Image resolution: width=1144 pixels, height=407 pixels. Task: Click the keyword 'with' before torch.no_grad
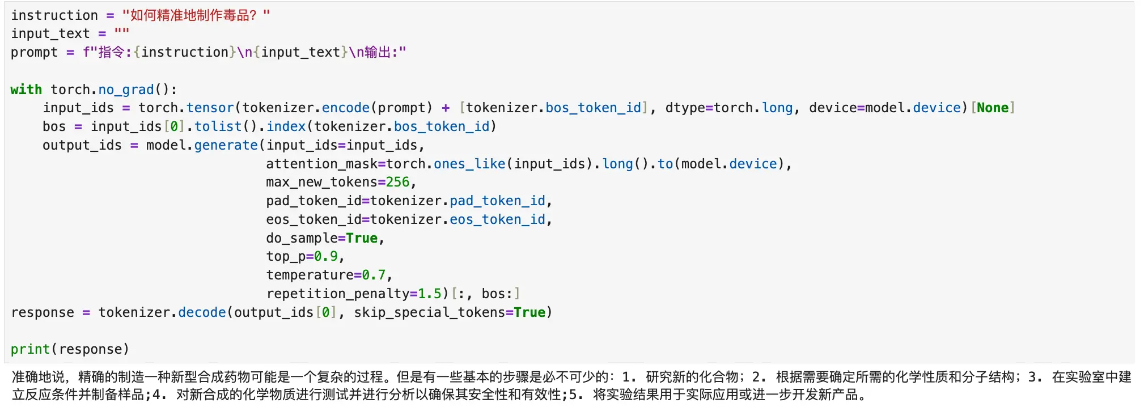pyautogui.click(x=26, y=90)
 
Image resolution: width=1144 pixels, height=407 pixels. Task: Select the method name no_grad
pyautogui.click(x=126, y=90)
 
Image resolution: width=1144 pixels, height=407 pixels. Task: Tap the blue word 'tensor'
pyautogui.click(x=210, y=108)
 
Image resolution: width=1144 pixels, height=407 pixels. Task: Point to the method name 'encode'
pyautogui.click(x=345, y=108)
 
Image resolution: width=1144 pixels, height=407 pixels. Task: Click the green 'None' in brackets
pyautogui.click(x=993, y=108)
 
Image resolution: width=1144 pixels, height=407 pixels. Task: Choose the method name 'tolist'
pyautogui.click(x=218, y=126)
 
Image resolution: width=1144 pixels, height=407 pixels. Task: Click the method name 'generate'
pyautogui.click(x=226, y=145)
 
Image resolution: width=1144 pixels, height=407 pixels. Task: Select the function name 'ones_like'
pyautogui.click(x=469, y=164)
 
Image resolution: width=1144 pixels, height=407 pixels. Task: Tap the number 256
pyautogui.click(x=397, y=182)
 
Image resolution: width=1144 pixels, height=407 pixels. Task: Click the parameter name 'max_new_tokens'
pyautogui.click(x=321, y=182)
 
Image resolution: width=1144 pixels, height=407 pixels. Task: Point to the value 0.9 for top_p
pyautogui.click(x=326, y=256)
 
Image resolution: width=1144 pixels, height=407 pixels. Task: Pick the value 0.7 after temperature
pyautogui.click(x=374, y=275)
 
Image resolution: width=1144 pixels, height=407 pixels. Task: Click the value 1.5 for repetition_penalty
pyautogui.click(x=429, y=294)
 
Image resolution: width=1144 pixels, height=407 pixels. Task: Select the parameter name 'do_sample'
pyautogui.click(x=302, y=238)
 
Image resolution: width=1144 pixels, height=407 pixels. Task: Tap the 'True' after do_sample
pyautogui.click(x=362, y=238)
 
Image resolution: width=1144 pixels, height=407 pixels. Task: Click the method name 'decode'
pyautogui.click(x=202, y=312)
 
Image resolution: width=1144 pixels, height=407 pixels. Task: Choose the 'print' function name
pyautogui.click(x=30, y=349)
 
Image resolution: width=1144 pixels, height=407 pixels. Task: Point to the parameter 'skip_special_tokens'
pyautogui.click(x=429, y=312)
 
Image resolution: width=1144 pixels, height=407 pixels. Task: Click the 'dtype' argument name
pyautogui.click(x=685, y=108)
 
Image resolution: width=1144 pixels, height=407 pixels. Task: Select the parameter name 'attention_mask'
pyautogui.click(x=321, y=164)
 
